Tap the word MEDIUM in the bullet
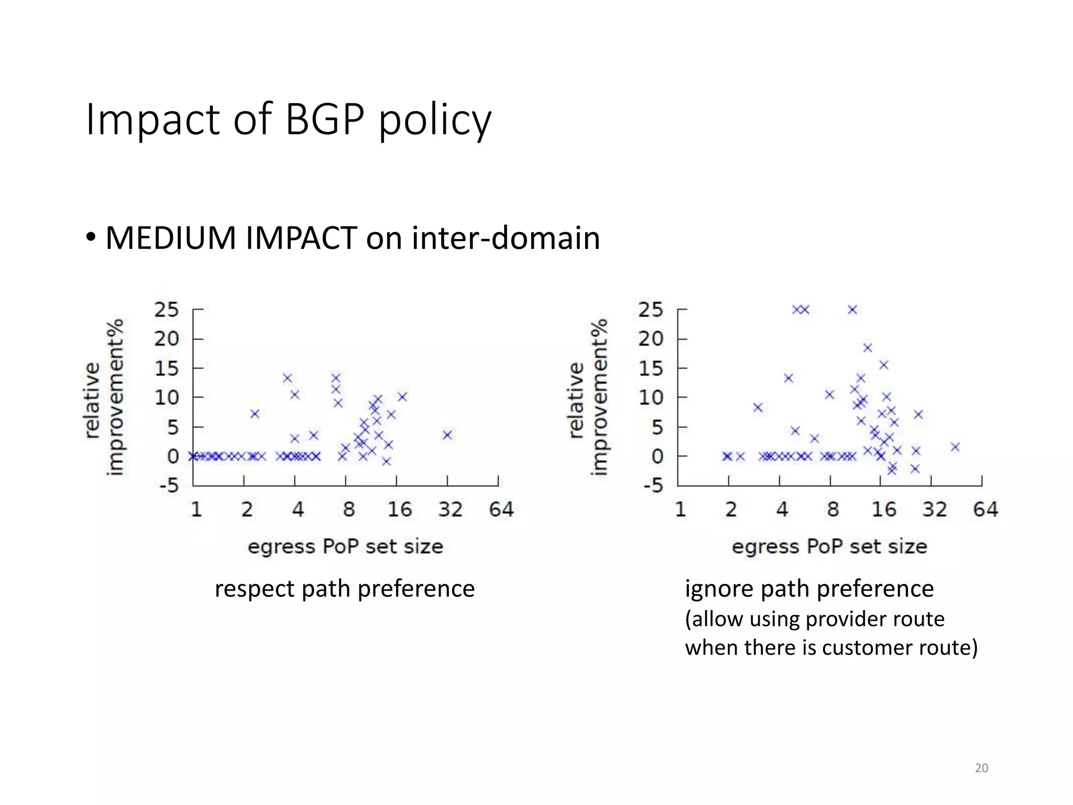pos(171,238)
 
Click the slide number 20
pos(981,768)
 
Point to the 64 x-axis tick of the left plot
pos(501,509)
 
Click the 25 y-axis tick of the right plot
pos(651,310)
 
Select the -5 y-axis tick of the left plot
pos(169,486)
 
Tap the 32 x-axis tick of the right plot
pos(934,509)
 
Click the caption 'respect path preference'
pos(345,589)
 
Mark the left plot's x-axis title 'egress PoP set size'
pos(345,547)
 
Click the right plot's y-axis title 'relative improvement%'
pos(588,397)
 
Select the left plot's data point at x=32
pos(447,435)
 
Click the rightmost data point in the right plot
pos(955,447)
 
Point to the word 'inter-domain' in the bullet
pos(506,238)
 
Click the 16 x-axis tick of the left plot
pos(399,509)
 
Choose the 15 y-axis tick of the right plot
pos(651,369)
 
